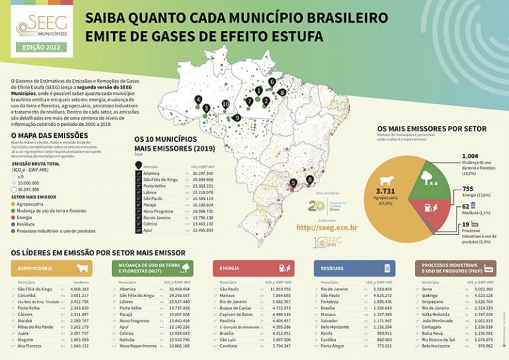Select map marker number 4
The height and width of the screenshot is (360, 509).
click(198, 99)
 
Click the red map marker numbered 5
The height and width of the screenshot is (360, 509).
click(294, 183)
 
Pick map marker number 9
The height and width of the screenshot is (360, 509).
click(237, 117)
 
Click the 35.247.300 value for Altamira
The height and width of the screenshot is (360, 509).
click(200, 172)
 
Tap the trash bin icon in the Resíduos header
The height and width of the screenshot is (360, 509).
click(387, 268)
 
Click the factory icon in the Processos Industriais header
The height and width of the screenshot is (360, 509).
click(490, 268)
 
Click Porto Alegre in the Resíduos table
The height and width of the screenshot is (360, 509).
click(333, 345)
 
